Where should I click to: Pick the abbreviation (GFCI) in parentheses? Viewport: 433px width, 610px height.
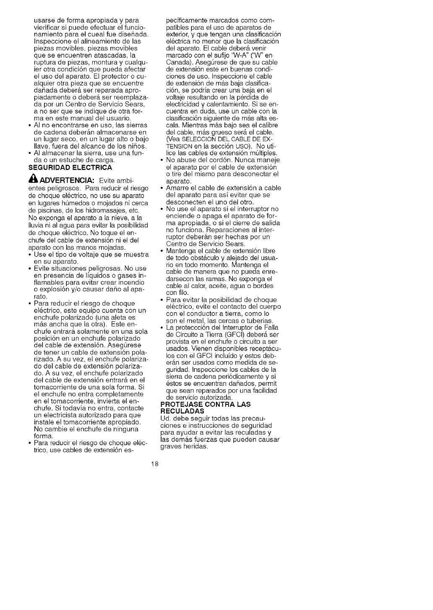(240, 335)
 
